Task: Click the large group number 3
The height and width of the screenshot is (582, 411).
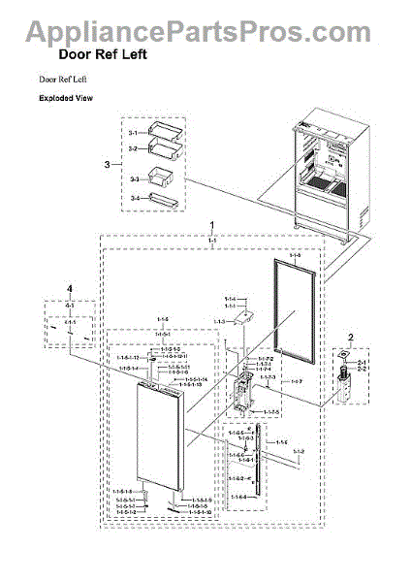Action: [108, 165]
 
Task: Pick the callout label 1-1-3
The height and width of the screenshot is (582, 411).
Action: [220, 321]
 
